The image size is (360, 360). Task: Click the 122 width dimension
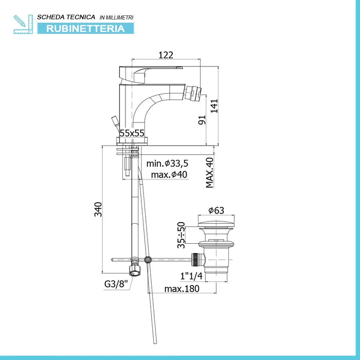pos(166,55)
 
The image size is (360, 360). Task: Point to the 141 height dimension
pos(214,106)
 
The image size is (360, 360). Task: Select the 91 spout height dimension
pos(202,120)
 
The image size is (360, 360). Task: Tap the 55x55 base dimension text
pos(132,133)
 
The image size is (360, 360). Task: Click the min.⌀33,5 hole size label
pos(167,164)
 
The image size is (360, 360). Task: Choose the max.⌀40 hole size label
pos(169,175)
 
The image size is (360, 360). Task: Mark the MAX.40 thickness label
pos(210,173)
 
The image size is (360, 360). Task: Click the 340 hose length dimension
pos(98,209)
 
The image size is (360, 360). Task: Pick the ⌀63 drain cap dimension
pos(216,210)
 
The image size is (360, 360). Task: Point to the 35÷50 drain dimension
pos(181,235)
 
